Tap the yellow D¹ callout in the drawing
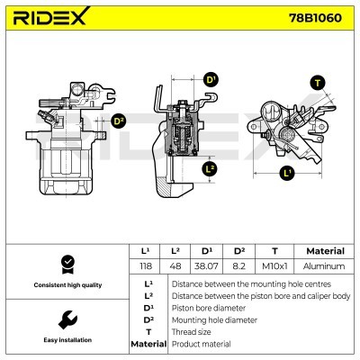point(212,81)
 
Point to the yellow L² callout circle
point(210,168)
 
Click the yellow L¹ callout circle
point(287,171)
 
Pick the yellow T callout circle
point(317,83)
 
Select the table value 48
point(177,266)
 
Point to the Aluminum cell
point(325,266)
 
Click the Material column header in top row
point(325,251)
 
